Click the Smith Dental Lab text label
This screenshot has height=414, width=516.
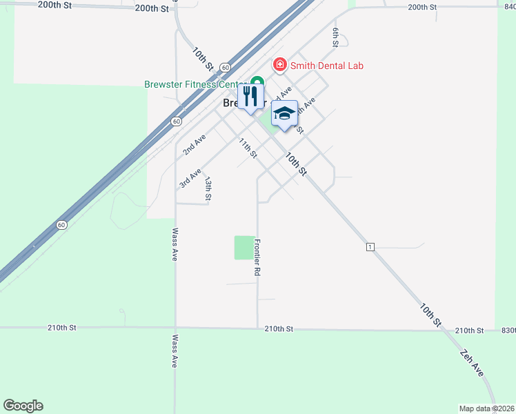(x=326, y=66)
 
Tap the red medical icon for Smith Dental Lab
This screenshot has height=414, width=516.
(x=280, y=65)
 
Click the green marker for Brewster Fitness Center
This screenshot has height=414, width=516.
(x=257, y=81)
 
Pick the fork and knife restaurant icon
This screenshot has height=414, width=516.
(x=250, y=96)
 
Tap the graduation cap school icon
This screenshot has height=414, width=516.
(x=284, y=114)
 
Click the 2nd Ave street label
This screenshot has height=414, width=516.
(x=195, y=144)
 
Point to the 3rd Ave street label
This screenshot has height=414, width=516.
(x=190, y=177)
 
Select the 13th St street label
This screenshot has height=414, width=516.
(x=208, y=188)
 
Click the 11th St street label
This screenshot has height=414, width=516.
(x=248, y=148)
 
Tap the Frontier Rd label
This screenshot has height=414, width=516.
(x=257, y=257)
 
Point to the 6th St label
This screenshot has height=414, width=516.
(x=335, y=37)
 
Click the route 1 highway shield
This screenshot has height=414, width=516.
(x=370, y=246)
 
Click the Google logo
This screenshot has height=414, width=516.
(x=23, y=406)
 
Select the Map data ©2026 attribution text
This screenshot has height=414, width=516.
(x=487, y=408)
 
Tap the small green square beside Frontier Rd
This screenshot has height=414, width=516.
(x=244, y=248)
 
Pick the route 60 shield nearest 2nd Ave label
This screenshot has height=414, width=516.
(x=177, y=121)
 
